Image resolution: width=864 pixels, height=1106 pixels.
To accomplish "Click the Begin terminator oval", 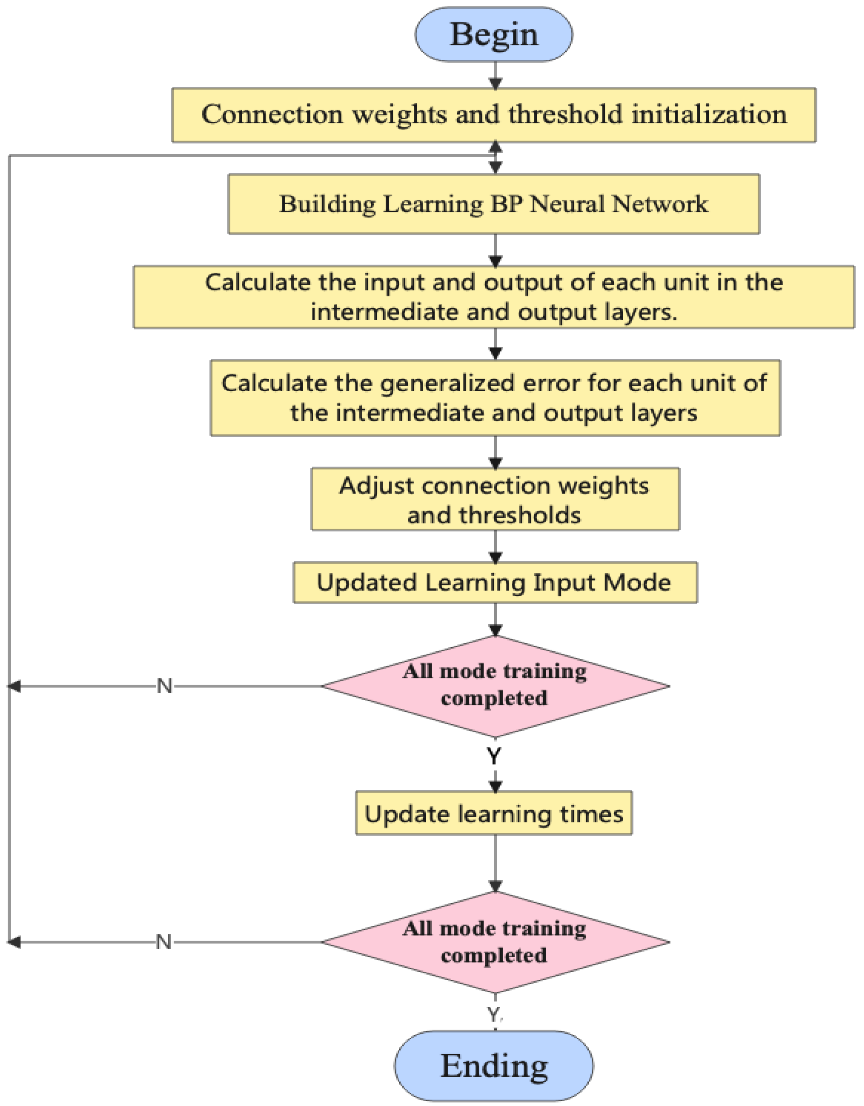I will (x=494, y=35).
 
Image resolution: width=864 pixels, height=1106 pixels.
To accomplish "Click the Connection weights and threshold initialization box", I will (x=494, y=115).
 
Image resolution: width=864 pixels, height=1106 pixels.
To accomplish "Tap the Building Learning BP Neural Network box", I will (x=494, y=204).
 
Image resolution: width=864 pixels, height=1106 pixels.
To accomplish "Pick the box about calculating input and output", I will (x=494, y=297).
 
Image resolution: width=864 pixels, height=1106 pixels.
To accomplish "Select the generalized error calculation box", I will (x=495, y=398).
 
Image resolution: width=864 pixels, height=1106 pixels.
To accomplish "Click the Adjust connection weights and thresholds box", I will (x=495, y=499).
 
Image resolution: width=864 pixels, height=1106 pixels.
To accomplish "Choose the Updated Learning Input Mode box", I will (x=495, y=583).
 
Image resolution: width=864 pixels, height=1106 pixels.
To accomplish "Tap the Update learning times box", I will (x=494, y=814).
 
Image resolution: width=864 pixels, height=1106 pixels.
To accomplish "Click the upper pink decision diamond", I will (x=495, y=686).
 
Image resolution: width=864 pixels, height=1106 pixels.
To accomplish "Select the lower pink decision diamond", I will (x=495, y=942).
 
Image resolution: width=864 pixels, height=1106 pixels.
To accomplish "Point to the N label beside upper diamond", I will (x=165, y=687).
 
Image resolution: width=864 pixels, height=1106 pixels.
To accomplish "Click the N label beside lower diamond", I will (x=163, y=942).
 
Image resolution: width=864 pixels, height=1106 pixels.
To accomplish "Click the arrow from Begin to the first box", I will (x=495, y=76).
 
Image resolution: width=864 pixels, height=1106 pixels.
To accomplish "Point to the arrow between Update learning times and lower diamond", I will (x=495, y=863).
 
